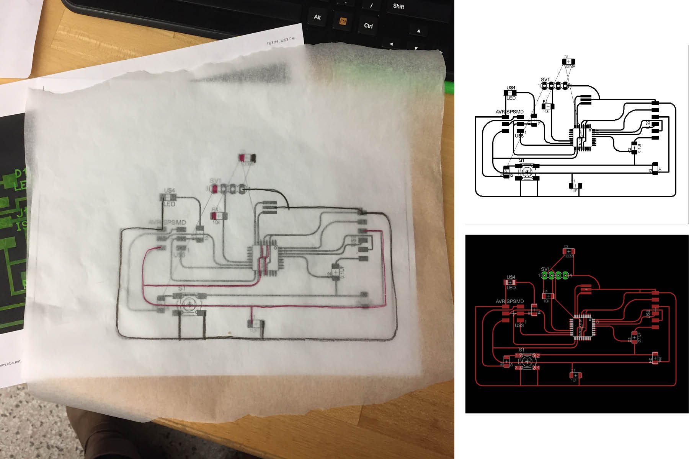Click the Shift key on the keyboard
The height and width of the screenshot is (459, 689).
pyautogui.click(x=398, y=6)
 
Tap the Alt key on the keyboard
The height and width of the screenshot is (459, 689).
pyautogui.click(x=317, y=17)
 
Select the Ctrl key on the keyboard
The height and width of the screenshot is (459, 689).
pyautogui.click(x=368, y=26)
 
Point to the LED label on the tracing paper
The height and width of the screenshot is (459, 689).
pyautogui.click(x=169, y=204)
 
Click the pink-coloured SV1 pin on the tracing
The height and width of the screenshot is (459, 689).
pyautogui.click(x=215, y=189)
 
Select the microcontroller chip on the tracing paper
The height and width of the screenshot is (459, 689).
pyautogui.click(x=264, y=257)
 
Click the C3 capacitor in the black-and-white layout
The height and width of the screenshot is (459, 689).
pyautogui.click(x=569, y=62)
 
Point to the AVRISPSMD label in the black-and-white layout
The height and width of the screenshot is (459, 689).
pyautogui.click(x=509, y=112)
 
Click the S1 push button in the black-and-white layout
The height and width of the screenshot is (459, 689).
pyautogui.click(x=527, y=172)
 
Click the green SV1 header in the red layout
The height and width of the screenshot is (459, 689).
pyautogui.click(x=555, y=275)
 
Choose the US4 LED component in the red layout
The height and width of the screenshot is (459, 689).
pyautogui.click(x=510, y=282)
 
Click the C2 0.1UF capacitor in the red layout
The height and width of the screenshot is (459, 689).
pyautogui.click(x=634, y=337)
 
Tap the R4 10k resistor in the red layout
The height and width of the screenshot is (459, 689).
pyautogui.click(x=548, y=296)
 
